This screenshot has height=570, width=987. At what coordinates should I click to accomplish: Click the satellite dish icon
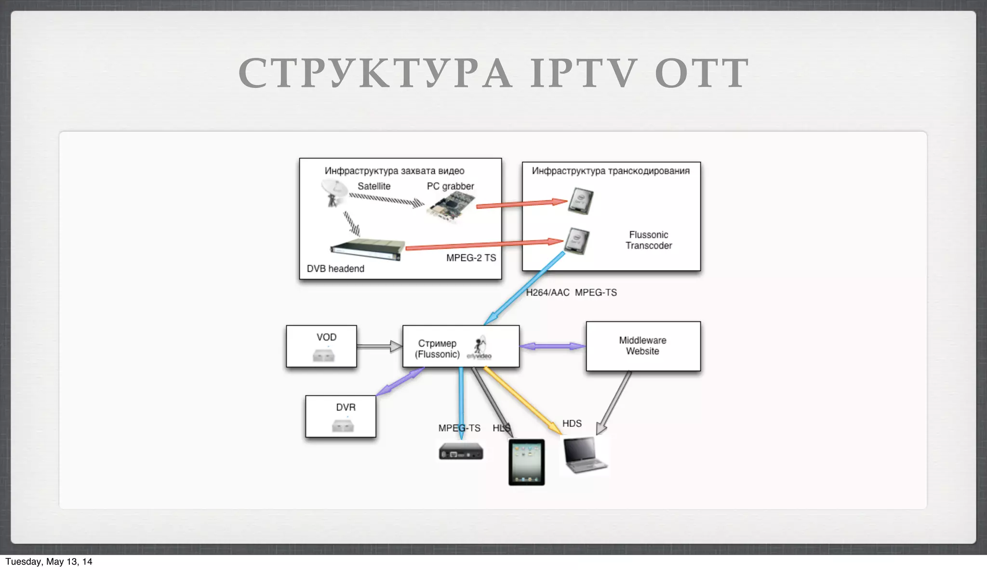coord(333,192)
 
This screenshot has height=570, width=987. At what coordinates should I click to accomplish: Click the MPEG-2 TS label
coord(471,258)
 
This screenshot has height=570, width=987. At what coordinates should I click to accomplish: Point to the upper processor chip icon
coord(581,200)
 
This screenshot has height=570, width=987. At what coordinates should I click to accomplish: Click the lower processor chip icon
coord(577,240)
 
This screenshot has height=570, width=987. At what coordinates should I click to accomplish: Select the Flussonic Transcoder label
coord(649,240)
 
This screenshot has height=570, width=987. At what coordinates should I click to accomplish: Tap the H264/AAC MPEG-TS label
coord(571,293)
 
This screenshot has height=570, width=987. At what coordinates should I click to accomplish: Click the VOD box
coord(321,346)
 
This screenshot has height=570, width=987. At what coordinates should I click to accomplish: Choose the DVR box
coord(341,416)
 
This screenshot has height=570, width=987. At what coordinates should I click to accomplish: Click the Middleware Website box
coord(643,346)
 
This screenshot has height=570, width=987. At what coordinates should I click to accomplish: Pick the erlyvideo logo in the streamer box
coord(480,349)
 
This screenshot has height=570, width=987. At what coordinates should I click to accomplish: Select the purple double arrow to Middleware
coord(552,346)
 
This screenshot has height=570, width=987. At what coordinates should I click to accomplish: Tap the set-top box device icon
coord(461,452)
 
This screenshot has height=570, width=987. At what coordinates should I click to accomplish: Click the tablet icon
coord(526,462)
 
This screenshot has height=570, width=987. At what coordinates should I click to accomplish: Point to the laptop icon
coord(585,455)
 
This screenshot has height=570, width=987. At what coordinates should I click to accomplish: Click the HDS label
coord(572,424)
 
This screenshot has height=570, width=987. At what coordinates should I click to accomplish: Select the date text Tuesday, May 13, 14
coord(49,562)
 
